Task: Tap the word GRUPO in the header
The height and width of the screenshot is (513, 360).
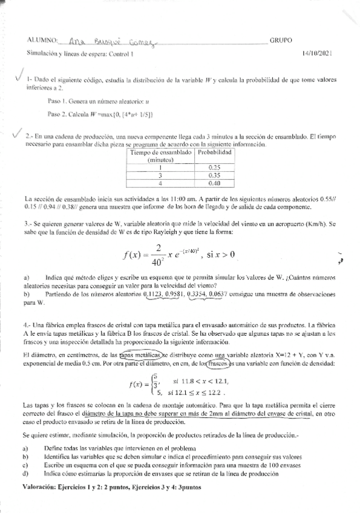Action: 281,41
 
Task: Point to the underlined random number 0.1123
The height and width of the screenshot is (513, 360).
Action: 153,294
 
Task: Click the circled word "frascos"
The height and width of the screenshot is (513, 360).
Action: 215,364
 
